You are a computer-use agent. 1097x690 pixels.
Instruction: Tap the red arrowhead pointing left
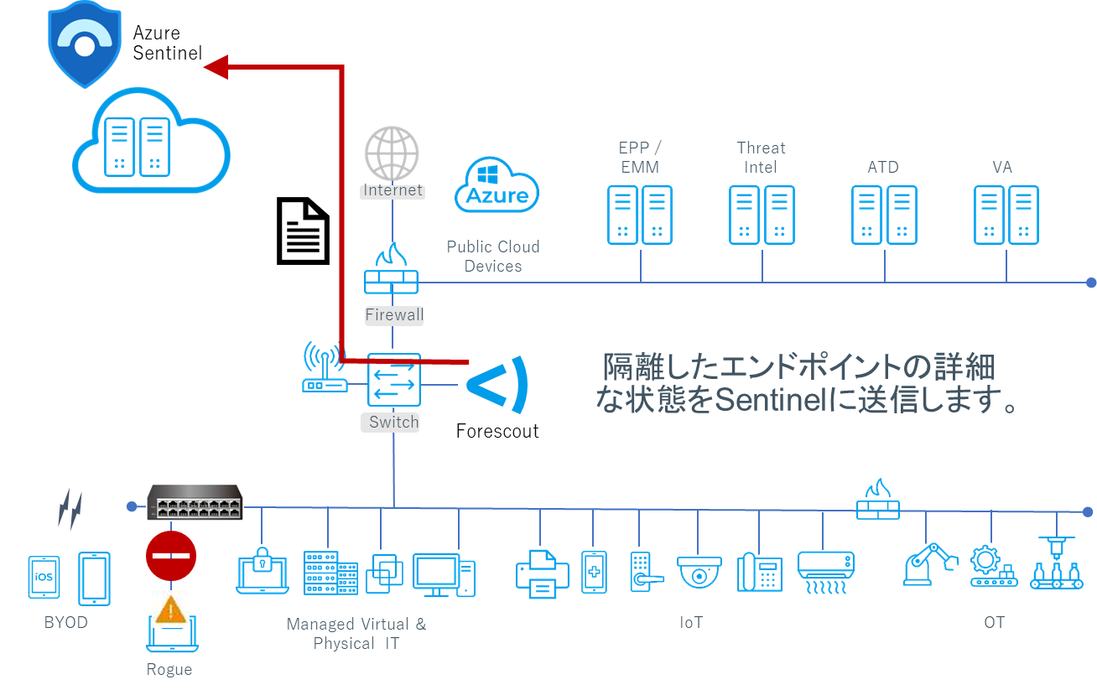click(216, 67)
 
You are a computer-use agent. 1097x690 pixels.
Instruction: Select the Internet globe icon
click(392, 153)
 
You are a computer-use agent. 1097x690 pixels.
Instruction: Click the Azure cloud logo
click(497, 187)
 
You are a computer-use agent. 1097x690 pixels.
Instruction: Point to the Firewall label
click(394, 316)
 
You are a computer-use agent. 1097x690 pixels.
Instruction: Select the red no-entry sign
click(171, 555)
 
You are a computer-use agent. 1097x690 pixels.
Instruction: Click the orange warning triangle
click(171, 609)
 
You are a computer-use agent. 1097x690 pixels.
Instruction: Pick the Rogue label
click(169, 669)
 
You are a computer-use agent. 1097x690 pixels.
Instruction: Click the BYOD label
click(65, 623)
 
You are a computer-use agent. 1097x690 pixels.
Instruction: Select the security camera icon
click(699, 572)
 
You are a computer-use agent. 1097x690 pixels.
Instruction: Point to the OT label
click(994, 622)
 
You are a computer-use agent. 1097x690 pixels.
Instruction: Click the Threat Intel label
click(762, 157)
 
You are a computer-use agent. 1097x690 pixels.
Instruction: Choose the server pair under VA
click(1006, 215)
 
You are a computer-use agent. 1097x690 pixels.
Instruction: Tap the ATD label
click(883, 167)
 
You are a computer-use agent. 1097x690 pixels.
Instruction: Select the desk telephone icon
click(759, 573)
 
